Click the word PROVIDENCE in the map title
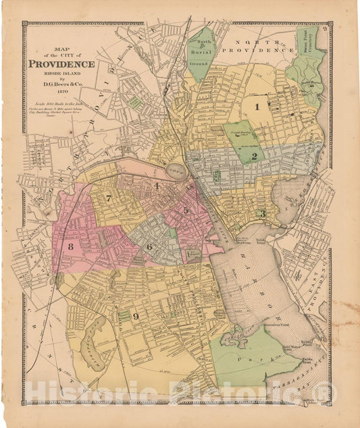point(61,64)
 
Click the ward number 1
point(257,106)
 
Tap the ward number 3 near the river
point(263,214)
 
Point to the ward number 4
point(156,186)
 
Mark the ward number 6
point(149,246)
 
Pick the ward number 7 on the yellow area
point(109,198)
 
